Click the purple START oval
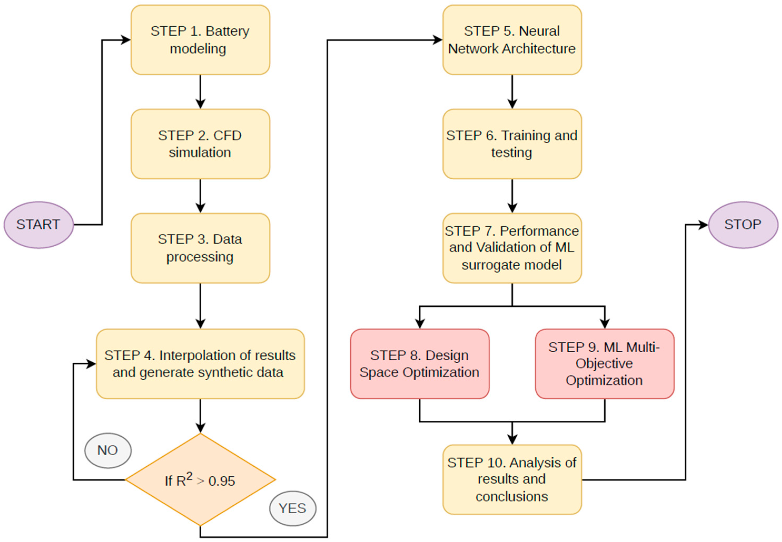tap(39, 225)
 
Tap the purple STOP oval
tap(743, 225)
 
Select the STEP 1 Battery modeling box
tap(201, 40)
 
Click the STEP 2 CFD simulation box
tap(201, 144)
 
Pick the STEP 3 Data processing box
tap(201, 248)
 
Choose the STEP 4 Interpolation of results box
tap(201, 364)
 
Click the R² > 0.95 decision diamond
tap(201, 480)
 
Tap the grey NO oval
tap(108, 450)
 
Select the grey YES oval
tap(293, 508)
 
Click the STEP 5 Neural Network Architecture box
tap(512, 40)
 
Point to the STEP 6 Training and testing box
tap(512, 144)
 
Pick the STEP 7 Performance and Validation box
tap(512, 248)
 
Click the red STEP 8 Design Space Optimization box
tap(420, 364)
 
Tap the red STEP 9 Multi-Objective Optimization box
tap(605, 364)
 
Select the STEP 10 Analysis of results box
tap(512, 480)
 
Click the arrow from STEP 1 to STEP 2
tap(201, 92)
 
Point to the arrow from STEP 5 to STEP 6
tap(512, 92)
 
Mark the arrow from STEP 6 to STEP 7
tap(512, 196)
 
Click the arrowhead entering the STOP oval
tap(703, 225)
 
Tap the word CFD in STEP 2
tap(227, 135)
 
